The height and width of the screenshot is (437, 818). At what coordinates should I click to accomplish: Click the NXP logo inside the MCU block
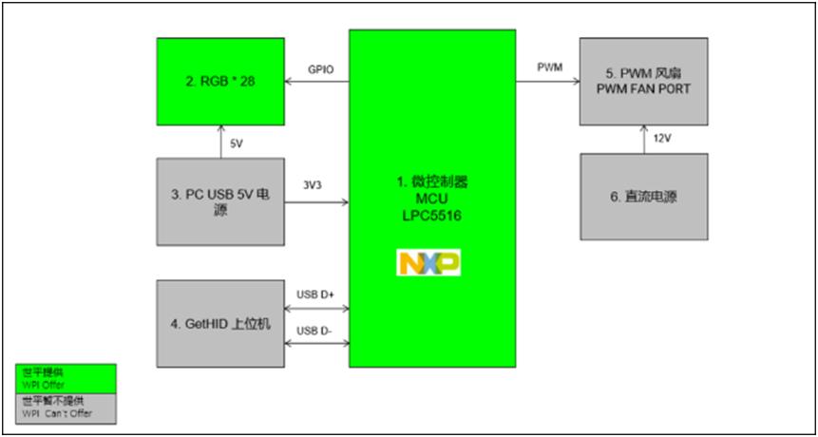coord(428,262)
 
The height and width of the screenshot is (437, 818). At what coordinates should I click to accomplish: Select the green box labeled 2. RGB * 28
coord(221,82)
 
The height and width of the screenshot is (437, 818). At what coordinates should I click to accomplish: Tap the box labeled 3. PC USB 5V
coord(221,200)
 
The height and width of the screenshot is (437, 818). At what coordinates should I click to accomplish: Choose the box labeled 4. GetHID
coord(221,323)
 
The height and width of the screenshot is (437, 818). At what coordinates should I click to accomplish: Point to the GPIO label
coord(319,69)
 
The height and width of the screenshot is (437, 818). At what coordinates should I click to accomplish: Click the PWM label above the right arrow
coord(549,67)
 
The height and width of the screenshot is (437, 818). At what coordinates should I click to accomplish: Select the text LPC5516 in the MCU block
coord(432,216)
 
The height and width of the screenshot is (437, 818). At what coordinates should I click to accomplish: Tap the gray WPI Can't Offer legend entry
coord(66,408)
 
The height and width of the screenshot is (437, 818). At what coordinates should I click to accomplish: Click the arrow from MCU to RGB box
coord(317,84)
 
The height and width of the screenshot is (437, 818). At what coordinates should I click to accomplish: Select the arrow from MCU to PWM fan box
coord(548,82)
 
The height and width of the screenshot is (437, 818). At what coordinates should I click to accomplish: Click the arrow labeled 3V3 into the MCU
coord(317,200)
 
